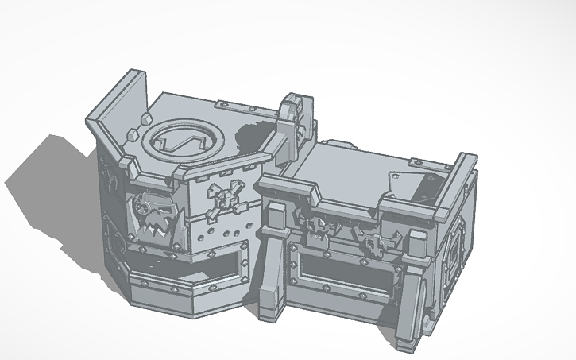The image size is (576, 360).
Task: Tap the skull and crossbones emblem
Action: click(x=222, y=199)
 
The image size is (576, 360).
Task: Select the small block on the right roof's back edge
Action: click(x=337, y=145)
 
